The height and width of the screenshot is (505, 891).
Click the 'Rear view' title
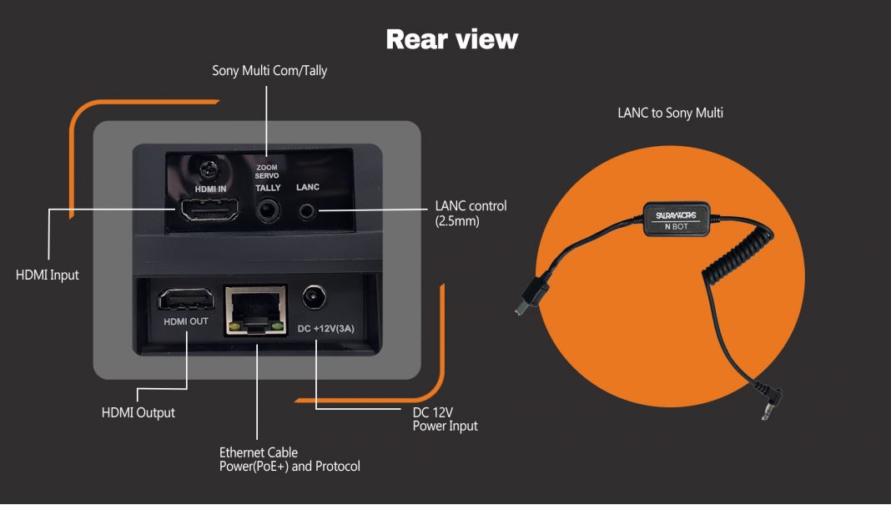tap(451, 39)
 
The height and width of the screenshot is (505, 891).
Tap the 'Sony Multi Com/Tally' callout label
tap(269, 70)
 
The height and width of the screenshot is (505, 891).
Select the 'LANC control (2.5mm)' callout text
tap(471, 213)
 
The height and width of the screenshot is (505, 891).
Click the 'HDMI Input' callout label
tap(48, 275)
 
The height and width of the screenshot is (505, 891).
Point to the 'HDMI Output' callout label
tap(138, 413)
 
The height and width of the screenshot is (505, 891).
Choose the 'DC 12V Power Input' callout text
tap(445, 419)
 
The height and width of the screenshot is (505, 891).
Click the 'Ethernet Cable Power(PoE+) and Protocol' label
tap(289, 459)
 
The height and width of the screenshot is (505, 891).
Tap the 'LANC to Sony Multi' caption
tap(671, 113)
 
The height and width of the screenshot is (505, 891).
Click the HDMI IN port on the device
tap(209, 210)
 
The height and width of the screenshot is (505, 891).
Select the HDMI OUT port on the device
tap(186, 299)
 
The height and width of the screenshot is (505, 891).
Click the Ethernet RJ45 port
tap(256, 310)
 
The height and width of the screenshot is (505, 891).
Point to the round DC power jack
tap(314, 297)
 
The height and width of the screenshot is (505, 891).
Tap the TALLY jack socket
tap(268, 210)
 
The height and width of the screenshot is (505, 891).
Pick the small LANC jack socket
tap(307, 211)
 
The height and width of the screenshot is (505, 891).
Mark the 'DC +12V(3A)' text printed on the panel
tap(325, 329)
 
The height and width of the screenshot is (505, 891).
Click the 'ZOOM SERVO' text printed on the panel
tap(266, 171)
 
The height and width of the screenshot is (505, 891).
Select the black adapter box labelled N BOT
tap(677, 220)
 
